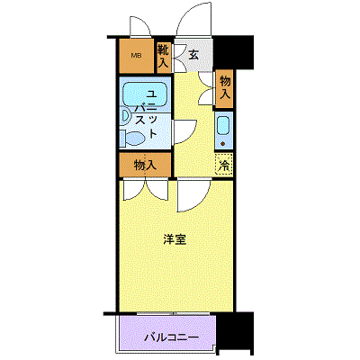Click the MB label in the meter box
[138, 55]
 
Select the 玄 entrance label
[193, 55]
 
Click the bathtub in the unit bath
[145, 94]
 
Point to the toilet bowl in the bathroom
[135, 139]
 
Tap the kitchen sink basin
[223, 126]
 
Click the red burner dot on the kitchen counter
[223, 144]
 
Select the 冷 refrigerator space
[224, 164]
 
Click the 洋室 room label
[175, 239]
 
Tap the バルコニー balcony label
[172, 338]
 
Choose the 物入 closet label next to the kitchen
[225, 87]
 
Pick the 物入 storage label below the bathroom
[145, 165]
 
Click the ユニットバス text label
[147, 114]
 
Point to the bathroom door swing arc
[192, 134]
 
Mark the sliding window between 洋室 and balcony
[174, 313]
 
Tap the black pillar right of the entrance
[234, 53]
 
